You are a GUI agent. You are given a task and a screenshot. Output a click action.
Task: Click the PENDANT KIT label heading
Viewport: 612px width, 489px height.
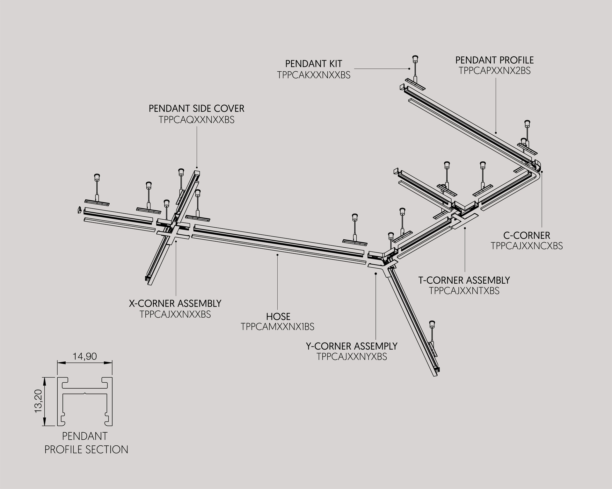point(313,64)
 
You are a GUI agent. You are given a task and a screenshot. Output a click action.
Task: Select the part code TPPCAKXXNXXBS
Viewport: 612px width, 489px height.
point(314,75)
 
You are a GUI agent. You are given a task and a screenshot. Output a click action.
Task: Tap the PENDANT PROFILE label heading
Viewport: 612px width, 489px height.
point(494,60)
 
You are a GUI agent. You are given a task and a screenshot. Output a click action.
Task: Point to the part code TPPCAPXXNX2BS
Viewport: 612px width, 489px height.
point(495,71)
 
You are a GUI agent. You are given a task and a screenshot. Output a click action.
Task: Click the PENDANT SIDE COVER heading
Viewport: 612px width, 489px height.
point(196,109)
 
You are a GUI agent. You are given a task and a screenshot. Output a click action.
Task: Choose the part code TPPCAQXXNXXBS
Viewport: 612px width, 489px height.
point(196,120)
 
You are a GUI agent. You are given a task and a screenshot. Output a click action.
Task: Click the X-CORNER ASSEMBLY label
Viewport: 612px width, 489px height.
point(175,303)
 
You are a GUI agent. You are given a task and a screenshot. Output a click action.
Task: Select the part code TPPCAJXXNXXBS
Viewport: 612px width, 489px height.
point(175,314)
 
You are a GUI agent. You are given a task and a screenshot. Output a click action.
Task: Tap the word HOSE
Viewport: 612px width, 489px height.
point(278,317)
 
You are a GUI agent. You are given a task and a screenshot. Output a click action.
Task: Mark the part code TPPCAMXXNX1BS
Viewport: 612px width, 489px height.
point(278,327)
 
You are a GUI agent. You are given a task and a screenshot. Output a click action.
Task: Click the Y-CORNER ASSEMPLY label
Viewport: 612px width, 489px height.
point(352,346)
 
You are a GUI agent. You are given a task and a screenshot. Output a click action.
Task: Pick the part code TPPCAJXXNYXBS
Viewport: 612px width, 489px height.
point(352,357)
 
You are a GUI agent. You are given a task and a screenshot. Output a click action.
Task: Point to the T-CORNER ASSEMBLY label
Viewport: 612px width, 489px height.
point(464,280)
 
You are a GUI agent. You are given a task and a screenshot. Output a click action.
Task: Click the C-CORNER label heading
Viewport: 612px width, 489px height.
point(527,236)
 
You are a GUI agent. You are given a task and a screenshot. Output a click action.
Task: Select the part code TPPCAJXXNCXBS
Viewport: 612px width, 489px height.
point(527,246)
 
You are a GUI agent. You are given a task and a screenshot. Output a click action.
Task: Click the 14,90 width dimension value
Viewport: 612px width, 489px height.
point(84,357)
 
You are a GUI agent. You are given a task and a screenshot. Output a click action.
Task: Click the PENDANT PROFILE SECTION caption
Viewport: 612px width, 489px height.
point(86,443)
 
